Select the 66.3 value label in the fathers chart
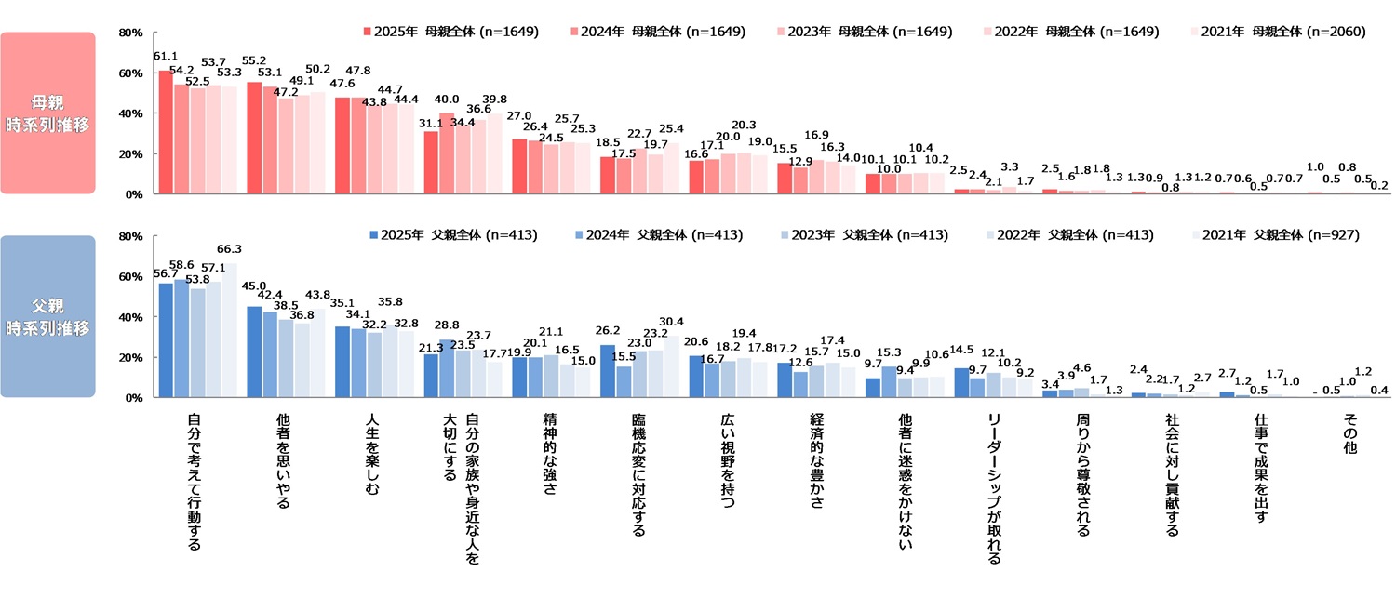[230, 249]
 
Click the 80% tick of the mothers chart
[129, 33]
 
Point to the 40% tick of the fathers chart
[129, 317]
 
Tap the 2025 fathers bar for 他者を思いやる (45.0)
[254, 352]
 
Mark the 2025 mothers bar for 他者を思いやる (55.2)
[254, 138]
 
